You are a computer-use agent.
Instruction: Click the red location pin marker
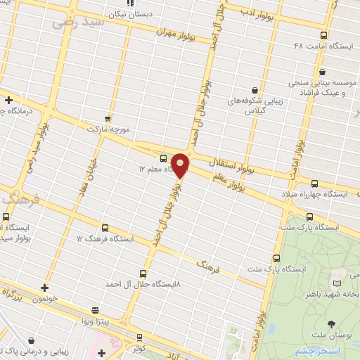tap(180, 165)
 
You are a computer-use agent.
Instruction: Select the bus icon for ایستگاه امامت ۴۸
tap(323, 35)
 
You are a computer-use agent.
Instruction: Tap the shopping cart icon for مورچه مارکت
tap(107, 119)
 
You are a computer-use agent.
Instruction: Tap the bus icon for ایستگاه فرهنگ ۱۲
tap(105, 228)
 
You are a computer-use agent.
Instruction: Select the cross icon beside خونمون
tap(45, 287)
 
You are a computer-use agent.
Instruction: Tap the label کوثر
tap(139, 348)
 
